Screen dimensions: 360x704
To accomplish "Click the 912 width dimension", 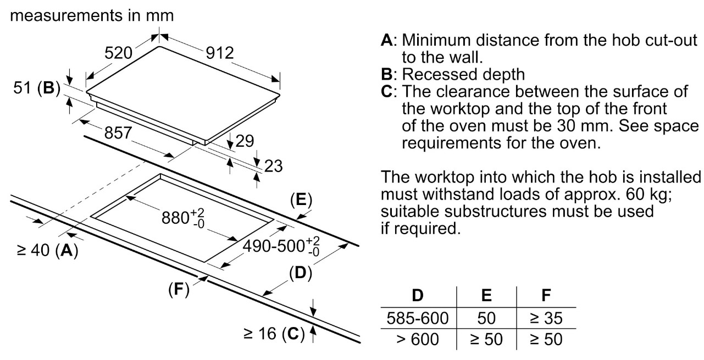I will pyautogui.click(x=219, y=54).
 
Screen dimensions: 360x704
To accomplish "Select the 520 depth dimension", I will pyautogui.click(x=118, y=53).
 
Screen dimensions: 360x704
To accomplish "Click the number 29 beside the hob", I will pyautogui.click(x=245, y=141).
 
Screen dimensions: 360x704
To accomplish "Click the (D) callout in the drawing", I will pyautogui.click(x=300, y=272).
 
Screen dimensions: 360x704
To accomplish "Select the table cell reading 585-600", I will pyautogui.click(x=418, y=318).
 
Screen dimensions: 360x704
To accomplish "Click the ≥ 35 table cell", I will pyautogui.click(x=546, y=318).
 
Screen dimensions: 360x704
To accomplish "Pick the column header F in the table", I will pyautogui.click(x=546, y=296).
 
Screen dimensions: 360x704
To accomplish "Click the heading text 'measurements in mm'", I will pyautogui.click(x=93, y=16).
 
